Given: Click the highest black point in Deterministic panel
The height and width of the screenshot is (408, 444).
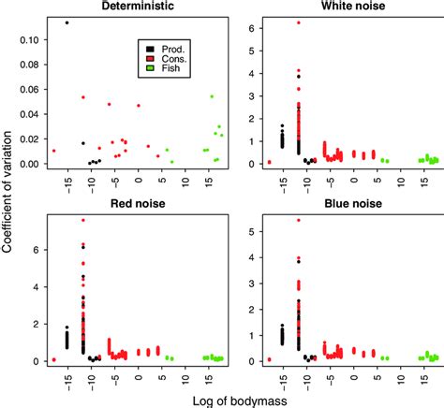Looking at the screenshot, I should (x=67, y=22).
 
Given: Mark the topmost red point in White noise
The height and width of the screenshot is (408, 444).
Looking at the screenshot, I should (x=298, y=22).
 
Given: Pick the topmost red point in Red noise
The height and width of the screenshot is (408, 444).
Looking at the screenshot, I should (x=83, y=220).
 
